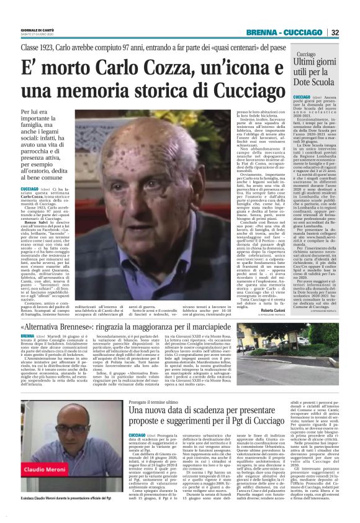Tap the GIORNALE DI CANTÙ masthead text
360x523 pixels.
pyautogui.click(x=37, y=29)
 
